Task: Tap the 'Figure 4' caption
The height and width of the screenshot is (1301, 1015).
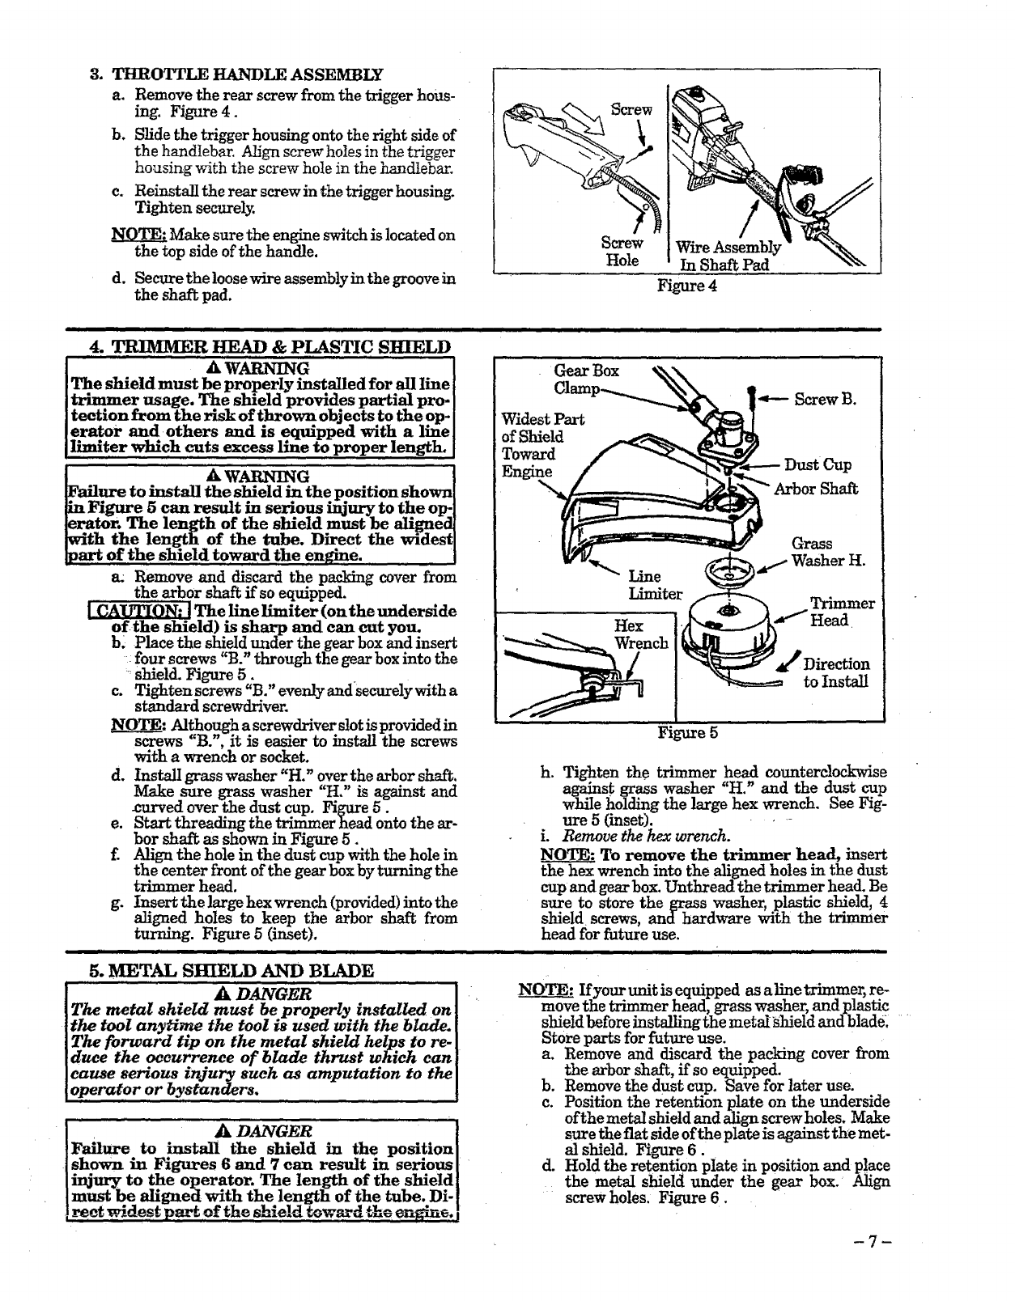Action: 687,286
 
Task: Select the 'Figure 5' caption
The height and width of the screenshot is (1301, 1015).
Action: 687,733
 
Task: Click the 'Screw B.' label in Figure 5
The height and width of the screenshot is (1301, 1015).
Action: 825,399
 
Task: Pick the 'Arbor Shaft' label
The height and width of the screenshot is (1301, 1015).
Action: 816,489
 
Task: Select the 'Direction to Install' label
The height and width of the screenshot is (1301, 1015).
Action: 835,673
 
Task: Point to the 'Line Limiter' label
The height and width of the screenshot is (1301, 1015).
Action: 656,585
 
